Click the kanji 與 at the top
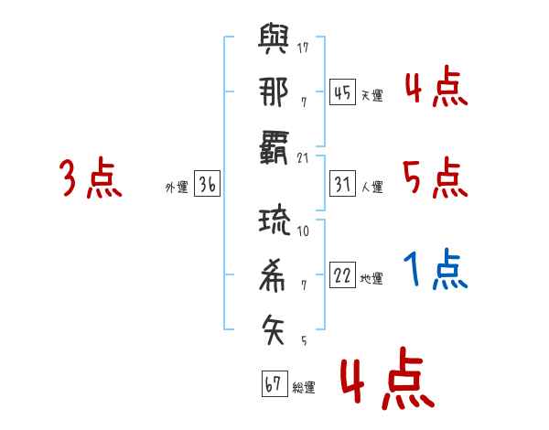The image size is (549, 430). pyautogui.click(x=274, y=38)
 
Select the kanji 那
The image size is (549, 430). pyautogui.click(x=274, y=91)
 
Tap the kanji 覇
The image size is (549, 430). pyautogui.click(x=274, y=147)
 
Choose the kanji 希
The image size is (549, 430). pyautogui.click(x=272, y=275)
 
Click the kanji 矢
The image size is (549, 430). pyautogui.click(x=273, y=329)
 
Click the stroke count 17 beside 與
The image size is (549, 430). pyautogui.click(x=303, y=48)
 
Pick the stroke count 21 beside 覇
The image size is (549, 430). pyautogui.click(x=303, y=158)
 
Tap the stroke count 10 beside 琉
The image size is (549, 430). pyautogui.click(x=303, y=231)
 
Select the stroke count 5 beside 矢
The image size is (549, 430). pyautogui.click(x=305, y=340)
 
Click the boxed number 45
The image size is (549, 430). pyautogui.click(x=343, y=92)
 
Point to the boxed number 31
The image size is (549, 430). pyautogui.click(x=343, y=184)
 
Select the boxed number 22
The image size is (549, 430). pyautogui.click(x=343, y=274)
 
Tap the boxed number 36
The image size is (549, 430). pyautogui.click(x=208, y=184)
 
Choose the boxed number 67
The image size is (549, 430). pyautogui.click(x=274, y=383)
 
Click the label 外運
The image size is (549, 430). pyautogui.click(x=177, y=188)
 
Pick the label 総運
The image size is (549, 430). pyautogui.click(x=304, y=388)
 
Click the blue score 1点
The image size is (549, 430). pyautogui.click(x=436, y=269)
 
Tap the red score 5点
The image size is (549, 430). pyautogui.click(x=436, y=177)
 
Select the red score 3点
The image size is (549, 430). pyautogui.click(x=91, y=177)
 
